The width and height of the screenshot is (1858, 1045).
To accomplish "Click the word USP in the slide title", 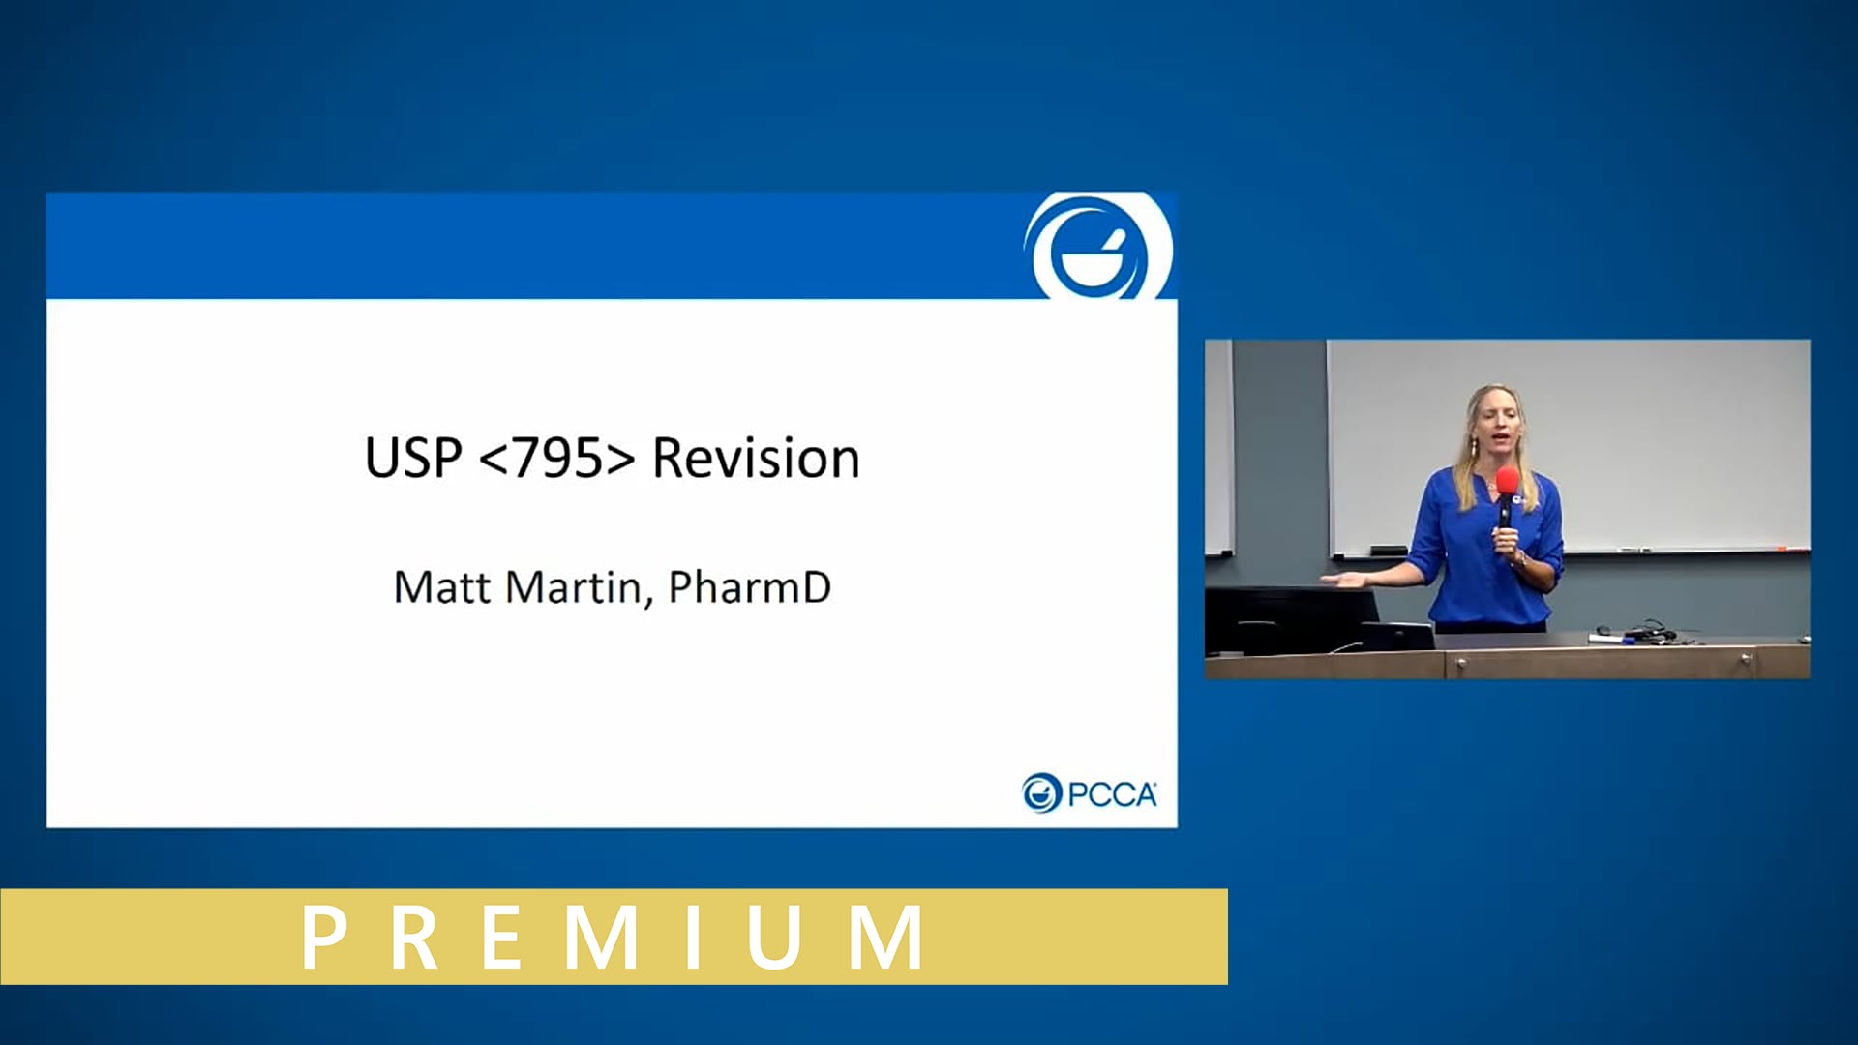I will pyautogui.click(x=412, y=458).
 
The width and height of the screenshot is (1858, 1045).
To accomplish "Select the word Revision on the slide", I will pyautogui.click(x=756, y=458).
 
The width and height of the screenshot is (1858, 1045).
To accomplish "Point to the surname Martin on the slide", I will pyautogui.click(x=576, y=587).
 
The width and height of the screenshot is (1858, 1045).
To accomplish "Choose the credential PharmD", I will pyautogui.click(x=749, y=587).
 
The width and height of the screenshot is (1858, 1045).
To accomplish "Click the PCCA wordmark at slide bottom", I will pyautogui.click(x=1111, y=794).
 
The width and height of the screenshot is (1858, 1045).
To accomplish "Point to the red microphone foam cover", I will pyautogui.click(x=1507, y=481).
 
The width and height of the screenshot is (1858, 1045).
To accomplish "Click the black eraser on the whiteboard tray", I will pyautogui.click(x=1388, y=551).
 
